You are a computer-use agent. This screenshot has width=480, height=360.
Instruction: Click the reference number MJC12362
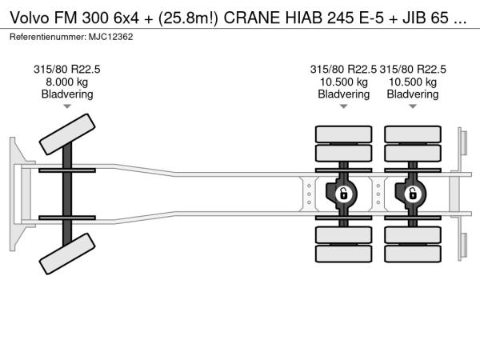(x=111, y=37)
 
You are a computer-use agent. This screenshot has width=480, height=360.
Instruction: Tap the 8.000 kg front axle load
(x=67, y=82)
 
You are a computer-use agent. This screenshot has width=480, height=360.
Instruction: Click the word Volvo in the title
(x=30, y=18)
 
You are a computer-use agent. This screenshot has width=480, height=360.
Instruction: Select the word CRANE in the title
(x=252, y=18)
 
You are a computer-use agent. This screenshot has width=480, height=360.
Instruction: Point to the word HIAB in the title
(x=303, y=18)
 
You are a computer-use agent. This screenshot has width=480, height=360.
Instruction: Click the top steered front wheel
(x=67, y=134)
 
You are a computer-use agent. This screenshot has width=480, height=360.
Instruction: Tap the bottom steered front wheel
(x=67, y=254)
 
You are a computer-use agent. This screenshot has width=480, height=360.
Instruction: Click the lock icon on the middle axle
(x=343, y=194)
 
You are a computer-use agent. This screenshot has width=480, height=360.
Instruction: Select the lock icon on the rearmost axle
(x=413, y=194)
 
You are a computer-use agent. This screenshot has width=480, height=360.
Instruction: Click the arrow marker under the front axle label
(x=67, y=106)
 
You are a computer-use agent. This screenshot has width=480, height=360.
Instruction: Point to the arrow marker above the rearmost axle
(x=413, y=106)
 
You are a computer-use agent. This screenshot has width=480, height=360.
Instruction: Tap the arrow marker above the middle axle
(x=343, y=106)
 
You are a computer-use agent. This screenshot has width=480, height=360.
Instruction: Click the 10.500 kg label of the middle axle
(x=343, y=82)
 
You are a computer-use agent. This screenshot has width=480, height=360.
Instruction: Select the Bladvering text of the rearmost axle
(x=413, y=94)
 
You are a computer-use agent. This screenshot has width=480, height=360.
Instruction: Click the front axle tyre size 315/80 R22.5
(x=67, y=70)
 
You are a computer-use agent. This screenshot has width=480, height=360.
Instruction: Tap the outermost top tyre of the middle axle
(x=343, y=134)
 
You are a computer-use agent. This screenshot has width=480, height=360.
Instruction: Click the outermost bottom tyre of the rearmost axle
(x=413, y=254)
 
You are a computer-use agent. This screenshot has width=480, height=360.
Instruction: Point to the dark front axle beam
(x=67, y=194)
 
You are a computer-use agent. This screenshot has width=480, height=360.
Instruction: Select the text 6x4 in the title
(x=126, y=18)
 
